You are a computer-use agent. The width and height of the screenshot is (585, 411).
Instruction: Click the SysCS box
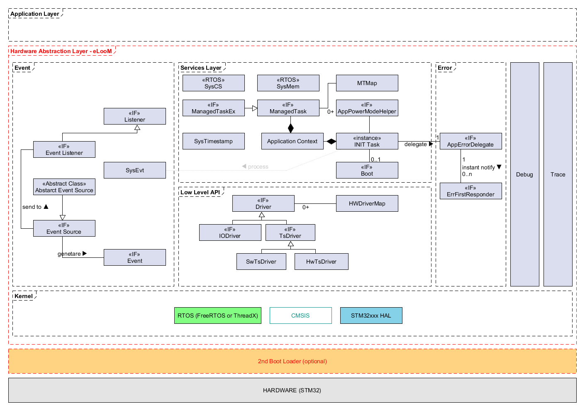[213, 83]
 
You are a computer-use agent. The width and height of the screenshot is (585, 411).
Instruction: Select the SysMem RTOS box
[288, 83]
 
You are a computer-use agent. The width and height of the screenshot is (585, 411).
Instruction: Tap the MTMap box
[367, 83]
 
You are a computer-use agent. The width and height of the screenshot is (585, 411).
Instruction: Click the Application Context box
[292, 141]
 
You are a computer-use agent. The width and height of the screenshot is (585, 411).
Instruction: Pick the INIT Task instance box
[367, 141]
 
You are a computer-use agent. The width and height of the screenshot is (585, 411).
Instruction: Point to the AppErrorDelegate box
[470, 141]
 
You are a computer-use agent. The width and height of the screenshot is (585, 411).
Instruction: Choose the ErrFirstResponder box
[470, 191]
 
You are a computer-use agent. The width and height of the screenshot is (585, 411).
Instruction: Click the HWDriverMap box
[367, 203]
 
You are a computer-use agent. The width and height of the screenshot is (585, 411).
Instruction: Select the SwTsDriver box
[261, 262]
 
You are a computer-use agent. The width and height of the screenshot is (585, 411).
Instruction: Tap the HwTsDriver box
[321, 262]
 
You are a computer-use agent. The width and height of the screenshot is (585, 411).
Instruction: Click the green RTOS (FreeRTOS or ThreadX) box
[217, 316]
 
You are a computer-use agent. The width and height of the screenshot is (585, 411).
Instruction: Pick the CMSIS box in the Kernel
[300, 316]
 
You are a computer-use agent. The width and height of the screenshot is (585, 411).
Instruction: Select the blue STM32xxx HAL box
[371, 316]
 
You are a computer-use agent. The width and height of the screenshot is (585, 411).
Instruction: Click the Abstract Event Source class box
[64, 187]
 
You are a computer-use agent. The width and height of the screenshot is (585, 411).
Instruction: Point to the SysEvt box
[134, 170]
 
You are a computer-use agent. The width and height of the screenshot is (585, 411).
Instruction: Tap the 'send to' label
[32, 207]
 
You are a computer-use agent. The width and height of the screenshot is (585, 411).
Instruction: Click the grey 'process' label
[258, 166]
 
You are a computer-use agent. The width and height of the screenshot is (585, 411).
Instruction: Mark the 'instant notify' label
[478, 167]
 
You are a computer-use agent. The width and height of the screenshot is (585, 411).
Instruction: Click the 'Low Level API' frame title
[200, 192]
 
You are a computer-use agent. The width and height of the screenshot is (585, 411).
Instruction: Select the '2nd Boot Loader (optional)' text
[292, 361]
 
